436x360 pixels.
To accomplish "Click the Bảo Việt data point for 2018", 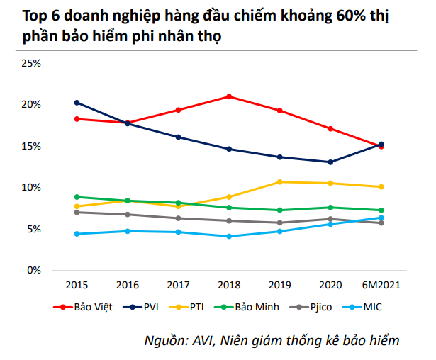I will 228,96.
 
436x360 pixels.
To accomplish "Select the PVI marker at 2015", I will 77,103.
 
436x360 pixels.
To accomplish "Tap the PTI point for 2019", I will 279,182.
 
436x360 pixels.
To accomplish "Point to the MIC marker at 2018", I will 228,236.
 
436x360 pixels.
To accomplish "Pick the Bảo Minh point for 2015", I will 77,197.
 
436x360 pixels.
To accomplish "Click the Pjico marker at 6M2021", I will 381,223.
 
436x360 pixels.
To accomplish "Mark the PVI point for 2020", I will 330,162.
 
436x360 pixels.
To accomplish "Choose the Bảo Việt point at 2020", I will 330,128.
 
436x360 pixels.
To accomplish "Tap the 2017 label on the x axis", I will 178,285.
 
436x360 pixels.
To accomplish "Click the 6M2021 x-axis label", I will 381,285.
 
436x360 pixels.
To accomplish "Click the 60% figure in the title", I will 326,15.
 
